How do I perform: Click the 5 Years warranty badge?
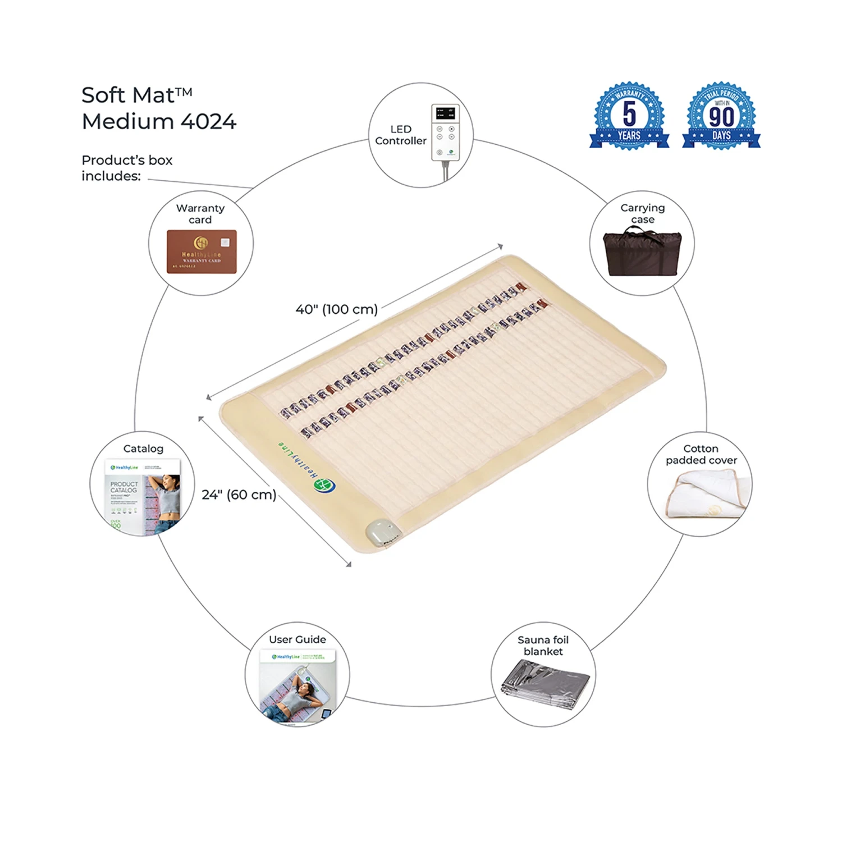tap(629, 116)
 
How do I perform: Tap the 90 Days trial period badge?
tap(721, 116)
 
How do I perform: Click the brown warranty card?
tap(202, 251)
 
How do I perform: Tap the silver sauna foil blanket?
tap(544, 685)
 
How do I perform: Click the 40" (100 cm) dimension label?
tap(337, 309)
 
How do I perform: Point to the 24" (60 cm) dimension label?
tap(239, 495)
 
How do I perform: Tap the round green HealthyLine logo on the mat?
tap(325, 485)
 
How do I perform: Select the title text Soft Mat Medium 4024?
tap(159, 108)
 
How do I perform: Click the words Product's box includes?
tap(127, 168)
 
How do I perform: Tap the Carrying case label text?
tap(643, 213)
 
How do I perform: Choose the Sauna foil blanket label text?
tap(543, 646)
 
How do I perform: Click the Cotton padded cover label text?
tap(701, 454)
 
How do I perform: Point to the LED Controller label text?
tap(401, 135)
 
